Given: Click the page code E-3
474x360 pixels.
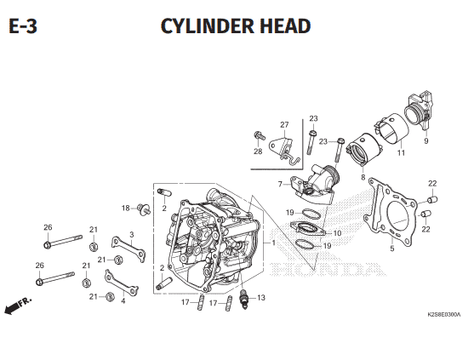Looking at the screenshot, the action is pyautogui.click(x=23, y=26).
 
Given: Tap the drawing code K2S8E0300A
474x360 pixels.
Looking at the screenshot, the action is pyautogui.click(x=443, y=315).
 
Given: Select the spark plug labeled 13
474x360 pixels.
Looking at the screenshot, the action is pyautogui.click(x=243, y=300).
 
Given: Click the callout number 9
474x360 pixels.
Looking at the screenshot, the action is pyautogui.click(x=426, y=141).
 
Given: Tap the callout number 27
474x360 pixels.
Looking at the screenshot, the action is pyautogui.click(x=284, y=124).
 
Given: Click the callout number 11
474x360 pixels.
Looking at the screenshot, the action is pyautogui.click(x=401, y=153).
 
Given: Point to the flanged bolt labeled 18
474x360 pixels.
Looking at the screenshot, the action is pyautogui.click(x=144, y=209).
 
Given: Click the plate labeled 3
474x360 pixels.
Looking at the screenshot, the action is pyautogui.click(x=128, y=249).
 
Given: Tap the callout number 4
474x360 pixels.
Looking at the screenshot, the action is pyautogui.click(x=123, y=301).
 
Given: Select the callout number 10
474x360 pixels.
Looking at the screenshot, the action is pyautogui.click(x=337, y=233).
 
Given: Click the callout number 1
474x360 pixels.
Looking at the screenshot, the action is pyautogui.click(x=273, y=243).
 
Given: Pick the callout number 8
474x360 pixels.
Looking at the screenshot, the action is pyautogui.click(x=363, y=177).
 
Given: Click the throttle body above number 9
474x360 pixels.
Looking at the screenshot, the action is pyautogui.click(x=419, y=110).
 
